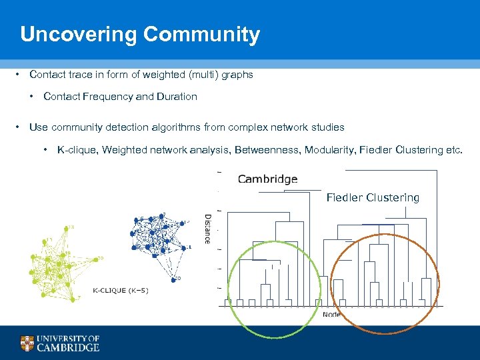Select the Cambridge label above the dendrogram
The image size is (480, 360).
pos(267,179)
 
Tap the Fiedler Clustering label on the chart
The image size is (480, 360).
pos(373,197)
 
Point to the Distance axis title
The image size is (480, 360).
pos(207,229)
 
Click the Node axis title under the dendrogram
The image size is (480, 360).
pos(332,314)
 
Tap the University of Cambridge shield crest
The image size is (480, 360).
pos(27,343)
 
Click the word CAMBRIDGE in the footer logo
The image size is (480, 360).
pos(68,347)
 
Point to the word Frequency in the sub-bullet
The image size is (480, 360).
pos(107,97)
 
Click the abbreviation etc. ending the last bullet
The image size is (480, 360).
pos(453,150)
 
